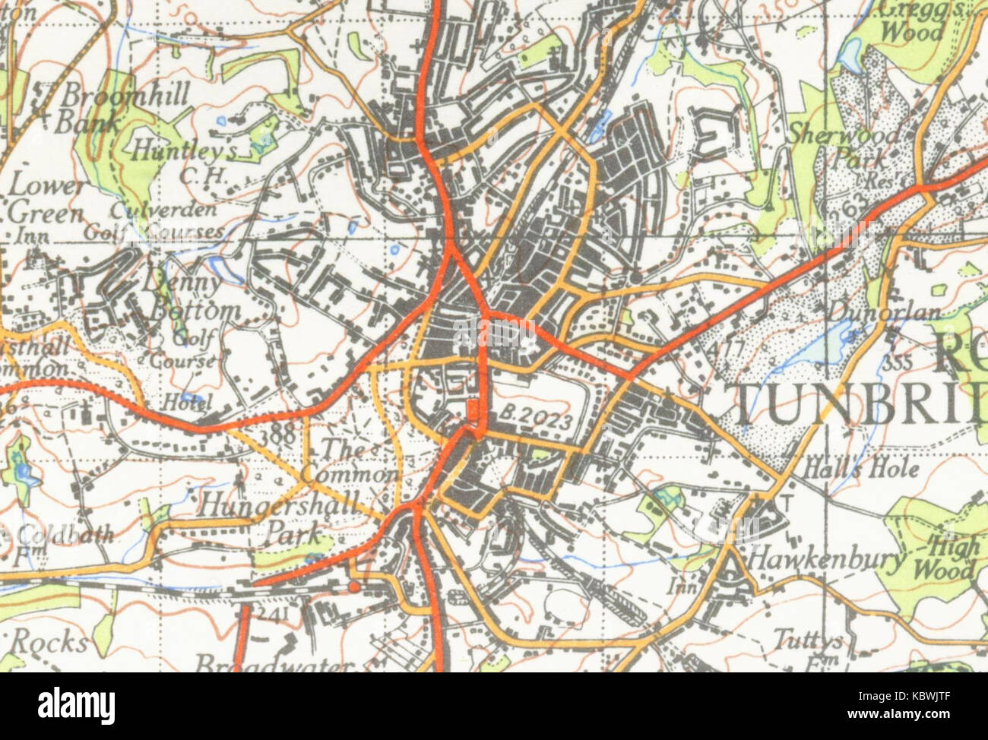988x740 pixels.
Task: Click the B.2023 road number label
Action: point(537,416)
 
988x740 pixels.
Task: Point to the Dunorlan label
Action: point(884,313)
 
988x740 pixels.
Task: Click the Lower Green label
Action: point(46,200)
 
